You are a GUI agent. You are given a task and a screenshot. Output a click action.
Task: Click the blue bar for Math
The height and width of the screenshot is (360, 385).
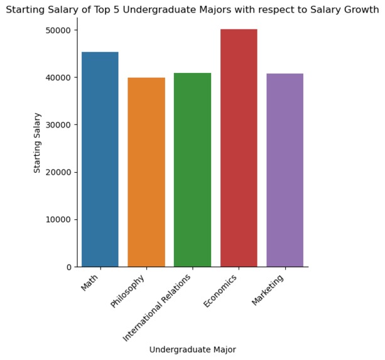click(100, 160)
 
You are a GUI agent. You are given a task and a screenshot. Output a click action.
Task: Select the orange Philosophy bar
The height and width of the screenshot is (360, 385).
click(146, 172)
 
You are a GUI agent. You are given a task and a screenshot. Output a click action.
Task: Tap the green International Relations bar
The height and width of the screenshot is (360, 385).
click(192, 170)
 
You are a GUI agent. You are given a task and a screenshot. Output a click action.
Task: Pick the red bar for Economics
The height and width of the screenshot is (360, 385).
click(239, 148)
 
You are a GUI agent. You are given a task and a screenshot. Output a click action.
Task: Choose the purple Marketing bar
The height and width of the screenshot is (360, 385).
click(285, 170)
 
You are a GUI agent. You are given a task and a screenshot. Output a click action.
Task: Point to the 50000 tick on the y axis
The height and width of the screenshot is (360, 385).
click(59, 30)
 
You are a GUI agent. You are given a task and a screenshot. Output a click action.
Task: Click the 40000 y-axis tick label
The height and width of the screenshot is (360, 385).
click(59, 77)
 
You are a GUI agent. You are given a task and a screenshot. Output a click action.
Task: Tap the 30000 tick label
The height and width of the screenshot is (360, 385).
click(59, 124)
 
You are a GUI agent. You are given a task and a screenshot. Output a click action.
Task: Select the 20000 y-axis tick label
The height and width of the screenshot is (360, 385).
click(59, 172)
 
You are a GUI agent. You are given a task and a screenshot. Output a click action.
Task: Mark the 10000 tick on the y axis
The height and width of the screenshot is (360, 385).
click(59, 219)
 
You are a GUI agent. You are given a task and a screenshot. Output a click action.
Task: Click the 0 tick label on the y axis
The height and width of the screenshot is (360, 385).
click(70, 267)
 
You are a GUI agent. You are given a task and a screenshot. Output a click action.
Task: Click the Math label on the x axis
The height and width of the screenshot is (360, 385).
click(90, 283)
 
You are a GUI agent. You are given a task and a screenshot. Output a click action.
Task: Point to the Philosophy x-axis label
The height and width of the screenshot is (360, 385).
click(128, 291)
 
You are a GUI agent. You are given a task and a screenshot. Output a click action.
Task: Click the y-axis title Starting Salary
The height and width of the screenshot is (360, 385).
click(38, 143)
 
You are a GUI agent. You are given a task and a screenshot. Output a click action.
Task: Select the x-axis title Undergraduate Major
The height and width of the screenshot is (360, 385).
click(192, 349)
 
